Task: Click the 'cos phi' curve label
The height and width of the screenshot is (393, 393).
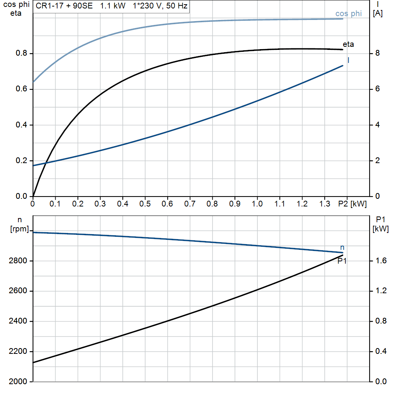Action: [x=348, y=14]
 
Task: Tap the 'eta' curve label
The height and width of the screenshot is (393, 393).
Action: [x=348, y=44]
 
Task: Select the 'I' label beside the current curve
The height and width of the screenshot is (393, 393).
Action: [x=348, y=60]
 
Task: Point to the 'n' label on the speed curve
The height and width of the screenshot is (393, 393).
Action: [x=342, y=248]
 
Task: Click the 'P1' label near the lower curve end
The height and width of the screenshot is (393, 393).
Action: [x=342, y=261]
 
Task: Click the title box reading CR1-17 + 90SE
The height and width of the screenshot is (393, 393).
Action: [x=111, y=6]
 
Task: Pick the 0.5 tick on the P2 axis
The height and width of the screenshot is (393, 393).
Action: [x=145, y=204]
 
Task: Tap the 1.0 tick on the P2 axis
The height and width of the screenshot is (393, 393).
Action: [x=257, y=204]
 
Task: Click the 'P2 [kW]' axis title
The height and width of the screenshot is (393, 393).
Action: [x=353, y=204]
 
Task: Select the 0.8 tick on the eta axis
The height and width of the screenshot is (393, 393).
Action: [x=21, y=53]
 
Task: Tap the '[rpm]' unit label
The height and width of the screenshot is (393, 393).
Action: [x=20, y=229]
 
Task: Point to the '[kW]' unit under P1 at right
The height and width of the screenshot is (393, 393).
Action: [x=380, y=229]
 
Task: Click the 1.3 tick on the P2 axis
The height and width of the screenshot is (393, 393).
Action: [x=325, y=204]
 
